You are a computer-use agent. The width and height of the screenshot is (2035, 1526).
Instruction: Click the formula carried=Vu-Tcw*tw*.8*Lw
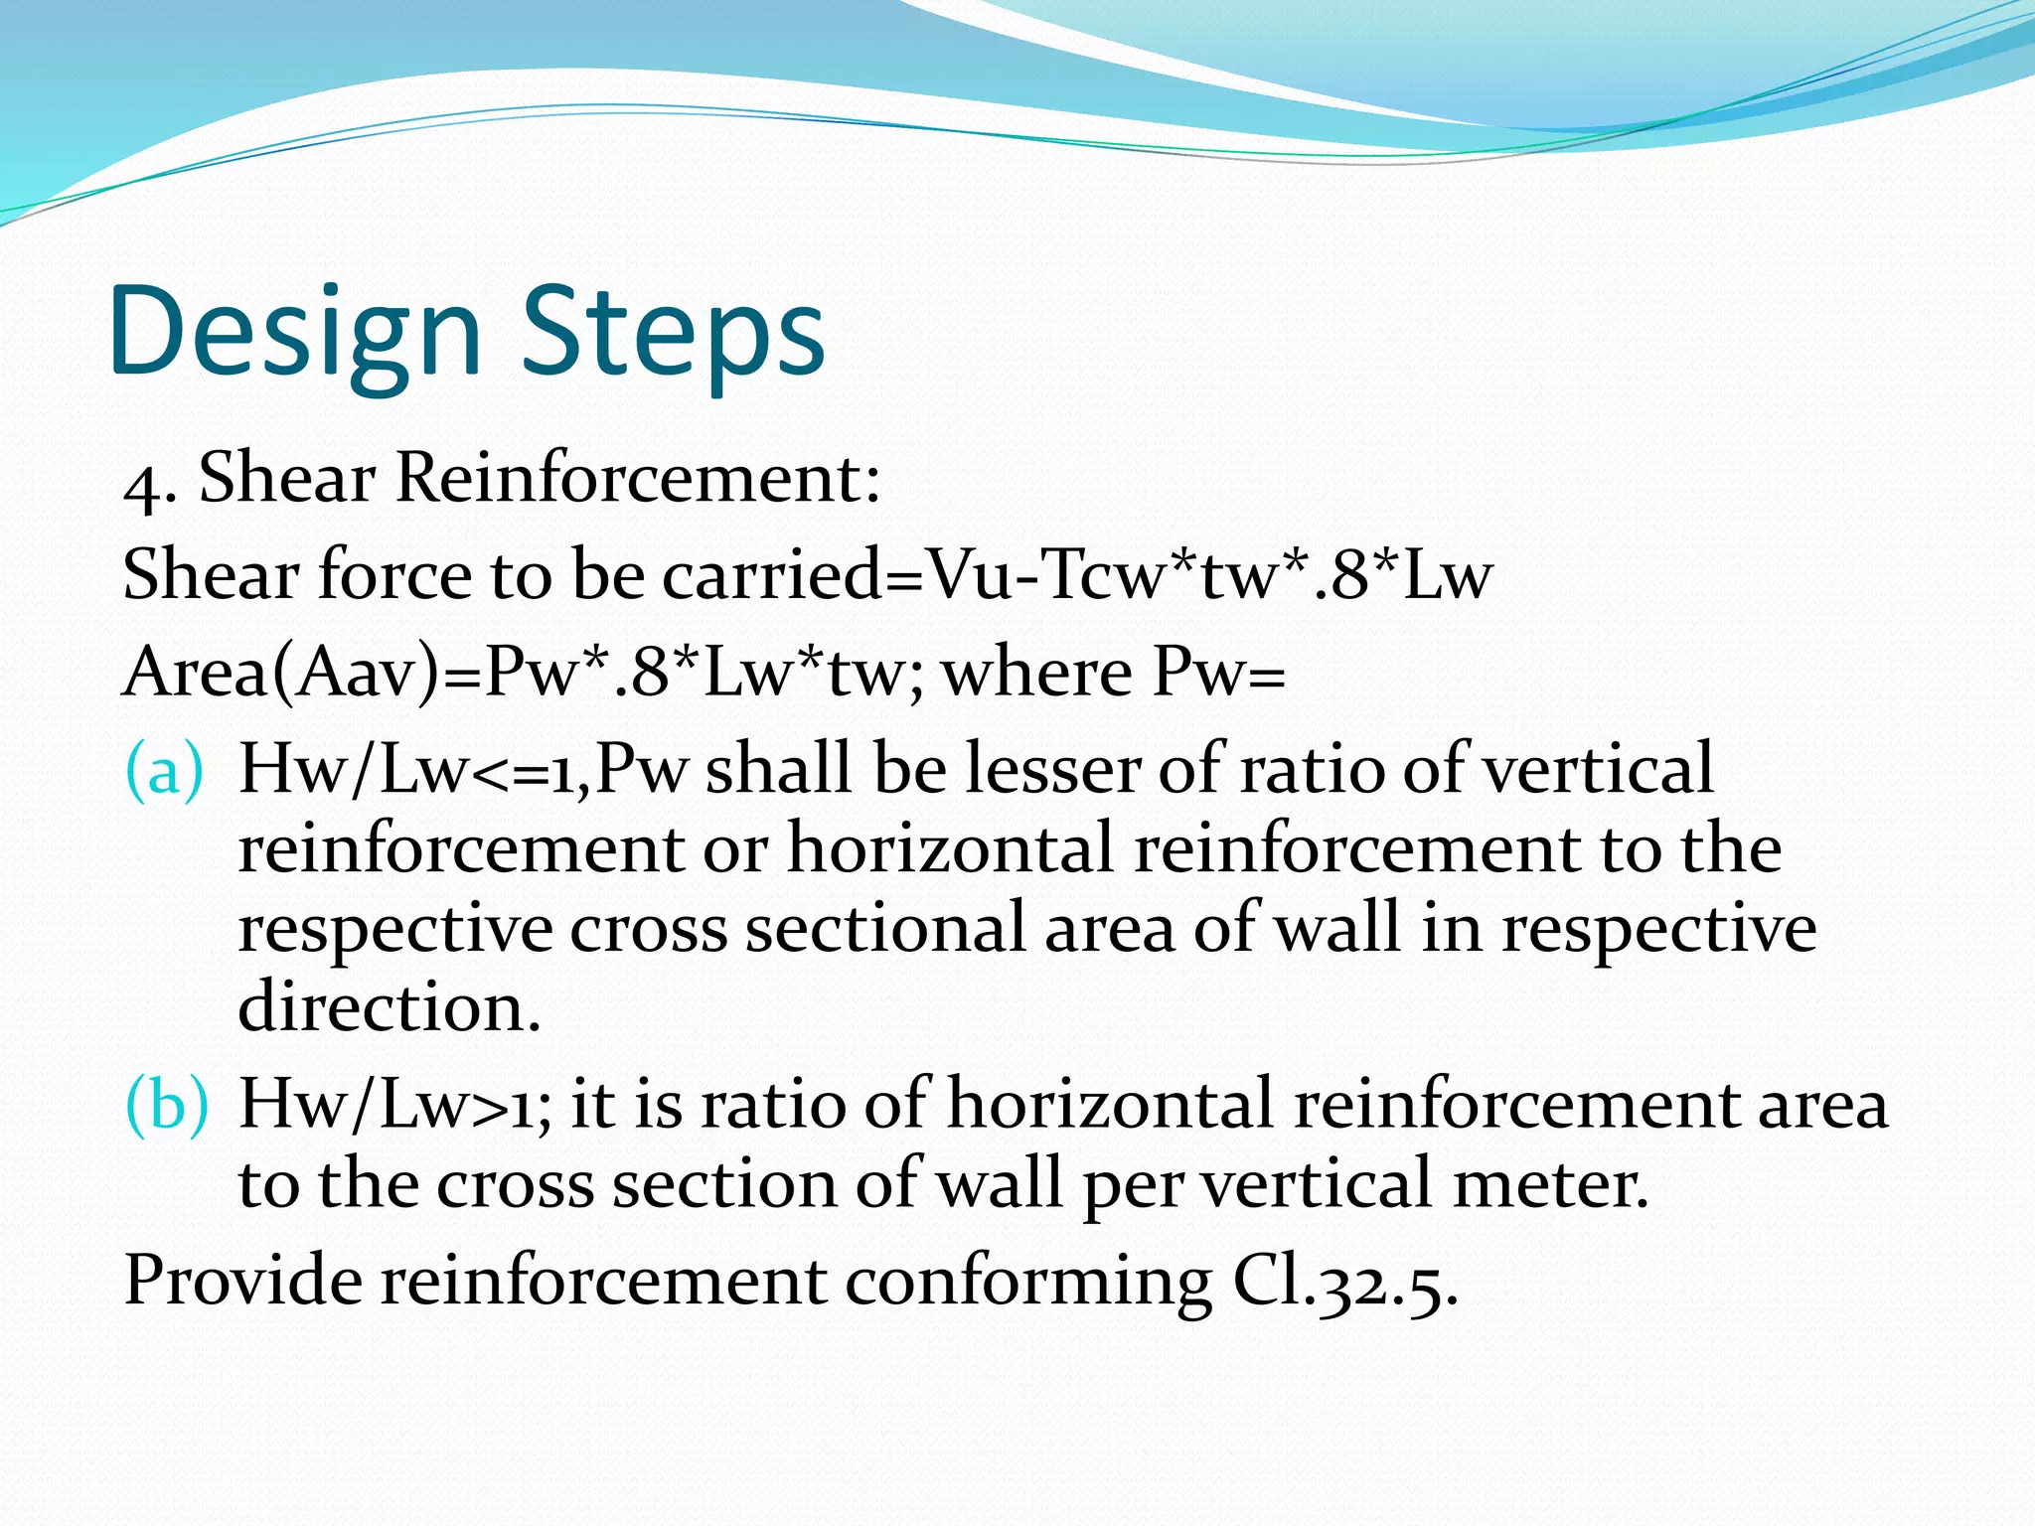(1077, 575)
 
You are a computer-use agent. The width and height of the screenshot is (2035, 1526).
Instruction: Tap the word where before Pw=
(1036, 673)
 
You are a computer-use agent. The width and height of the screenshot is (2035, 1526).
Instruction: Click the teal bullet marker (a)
(164, 770)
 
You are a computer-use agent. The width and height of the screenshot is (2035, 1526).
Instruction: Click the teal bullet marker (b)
(167, 1104)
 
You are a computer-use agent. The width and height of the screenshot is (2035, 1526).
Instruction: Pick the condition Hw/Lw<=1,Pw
(463, 770)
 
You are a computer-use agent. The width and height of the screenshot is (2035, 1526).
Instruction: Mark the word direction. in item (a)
(390, 1006)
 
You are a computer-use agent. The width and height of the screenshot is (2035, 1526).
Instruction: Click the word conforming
(1028, 1281)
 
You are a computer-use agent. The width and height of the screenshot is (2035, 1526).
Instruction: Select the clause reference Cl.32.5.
(1345, 1283)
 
